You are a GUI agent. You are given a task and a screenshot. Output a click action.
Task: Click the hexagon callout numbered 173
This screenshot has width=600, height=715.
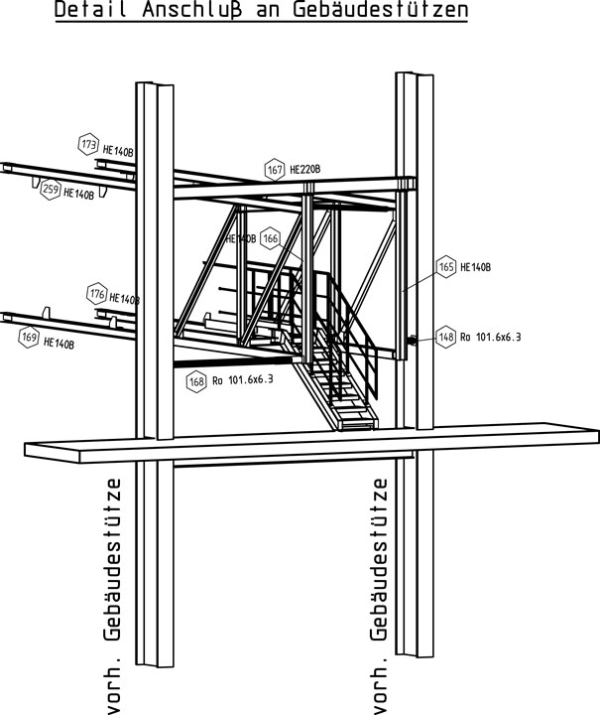[88, 146]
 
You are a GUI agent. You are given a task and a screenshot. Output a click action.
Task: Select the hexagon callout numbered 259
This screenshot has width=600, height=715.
[50, 190]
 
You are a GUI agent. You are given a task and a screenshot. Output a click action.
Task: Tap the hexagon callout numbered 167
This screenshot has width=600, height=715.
[275, 170]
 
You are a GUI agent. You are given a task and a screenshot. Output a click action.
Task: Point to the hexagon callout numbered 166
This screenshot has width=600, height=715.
[272, 239]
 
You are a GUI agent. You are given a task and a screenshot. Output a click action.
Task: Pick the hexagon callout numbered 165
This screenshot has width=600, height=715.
[445, 266]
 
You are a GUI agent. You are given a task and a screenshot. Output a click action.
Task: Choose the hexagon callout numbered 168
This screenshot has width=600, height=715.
[195, 378]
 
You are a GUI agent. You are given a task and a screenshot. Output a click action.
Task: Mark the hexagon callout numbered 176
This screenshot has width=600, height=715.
[96, 294]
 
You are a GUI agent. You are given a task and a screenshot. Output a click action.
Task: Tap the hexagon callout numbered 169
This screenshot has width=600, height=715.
[30, 340]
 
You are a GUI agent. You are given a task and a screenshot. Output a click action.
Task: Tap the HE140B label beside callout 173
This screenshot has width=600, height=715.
[119, 151]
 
